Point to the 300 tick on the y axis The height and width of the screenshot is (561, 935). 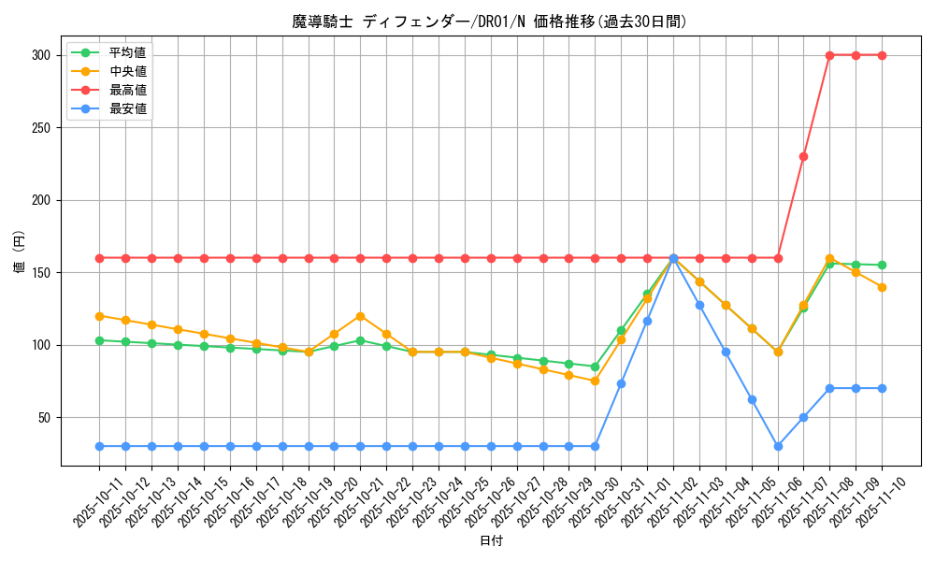click(40, 55)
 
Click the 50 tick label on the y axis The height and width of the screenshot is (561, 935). click(44, 417)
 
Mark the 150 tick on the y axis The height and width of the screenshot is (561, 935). click(40, 272)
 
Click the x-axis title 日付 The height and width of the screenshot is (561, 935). click(491, 541)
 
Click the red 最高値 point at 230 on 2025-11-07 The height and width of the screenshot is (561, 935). click(803, 156)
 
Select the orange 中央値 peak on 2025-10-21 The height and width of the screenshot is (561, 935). click(360, 316)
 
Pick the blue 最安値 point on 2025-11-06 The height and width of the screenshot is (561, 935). click(777, 446)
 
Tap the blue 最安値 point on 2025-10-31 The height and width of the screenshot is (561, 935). click(621, 383)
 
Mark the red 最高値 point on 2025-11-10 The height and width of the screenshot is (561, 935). click(882, 55)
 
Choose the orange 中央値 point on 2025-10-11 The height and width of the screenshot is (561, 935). click(99, 316)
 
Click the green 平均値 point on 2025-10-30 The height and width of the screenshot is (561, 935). click(595, 367)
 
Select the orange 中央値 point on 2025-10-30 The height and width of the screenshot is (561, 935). click(595, 381)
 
